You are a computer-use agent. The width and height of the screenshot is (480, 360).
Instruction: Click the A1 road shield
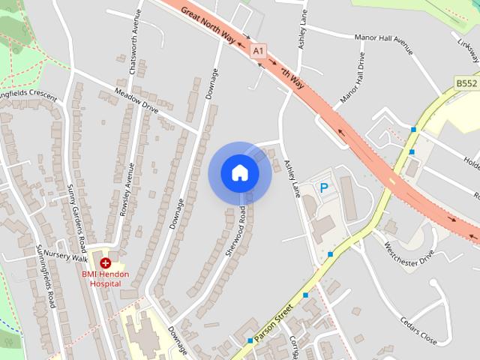point(259,50)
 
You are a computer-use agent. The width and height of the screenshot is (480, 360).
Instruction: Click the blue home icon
point(240,173)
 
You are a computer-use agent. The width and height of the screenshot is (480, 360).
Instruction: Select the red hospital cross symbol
point(106,263)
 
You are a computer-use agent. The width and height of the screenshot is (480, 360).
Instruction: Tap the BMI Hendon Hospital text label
point(105,279)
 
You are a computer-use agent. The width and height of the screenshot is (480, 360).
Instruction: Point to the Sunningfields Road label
point(46,276)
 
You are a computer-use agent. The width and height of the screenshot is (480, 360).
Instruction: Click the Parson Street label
point(272,323)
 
